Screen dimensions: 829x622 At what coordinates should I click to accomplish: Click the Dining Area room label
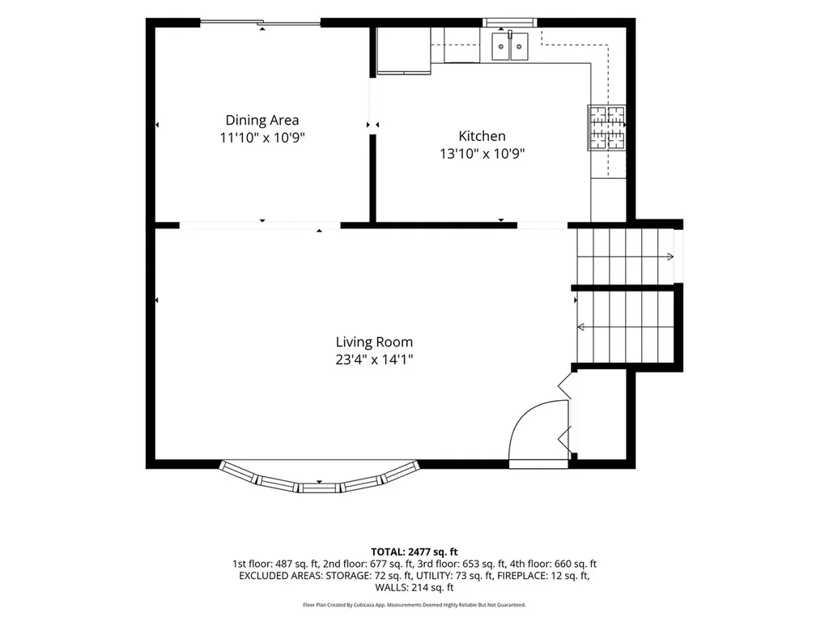click(x=262, y=121)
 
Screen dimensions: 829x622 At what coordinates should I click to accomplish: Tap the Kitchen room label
click(x=483, y=136)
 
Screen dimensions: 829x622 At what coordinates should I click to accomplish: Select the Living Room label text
click(x=374, y=343)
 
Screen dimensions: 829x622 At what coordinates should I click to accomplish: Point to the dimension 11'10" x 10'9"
click(x=262, y=138)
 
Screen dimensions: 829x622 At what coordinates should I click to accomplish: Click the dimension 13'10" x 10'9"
click(x=483, y=154)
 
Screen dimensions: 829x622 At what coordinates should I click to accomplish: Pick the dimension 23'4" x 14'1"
click(x=374, y=360)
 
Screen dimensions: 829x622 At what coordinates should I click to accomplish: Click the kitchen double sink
click(x=510, y=46)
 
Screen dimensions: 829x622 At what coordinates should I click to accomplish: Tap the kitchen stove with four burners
click(x=606, y=127)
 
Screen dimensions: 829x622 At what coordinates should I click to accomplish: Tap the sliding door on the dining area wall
click(x=260, y=22)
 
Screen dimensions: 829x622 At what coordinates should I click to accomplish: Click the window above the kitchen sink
click(x=510, y=22)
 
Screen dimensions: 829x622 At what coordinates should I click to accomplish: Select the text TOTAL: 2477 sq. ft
click(x=414, y=552)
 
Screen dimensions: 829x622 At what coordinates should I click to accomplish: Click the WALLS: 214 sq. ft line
click(x=414, y=587)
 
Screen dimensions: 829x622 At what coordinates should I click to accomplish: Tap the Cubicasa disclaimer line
click(x=414, y=604)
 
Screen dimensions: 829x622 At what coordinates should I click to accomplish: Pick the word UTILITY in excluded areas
click(x=433, y=576)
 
